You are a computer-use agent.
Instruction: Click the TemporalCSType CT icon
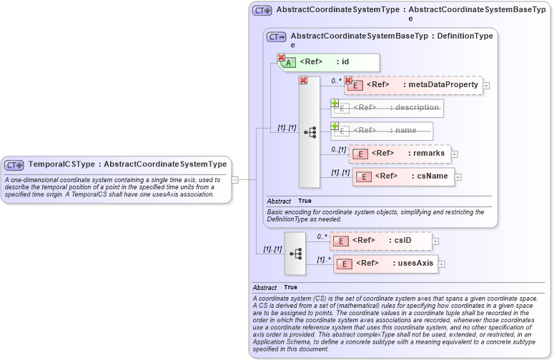(15, 164)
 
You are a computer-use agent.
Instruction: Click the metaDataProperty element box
(413, 85)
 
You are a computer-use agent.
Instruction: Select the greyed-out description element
(387, 108)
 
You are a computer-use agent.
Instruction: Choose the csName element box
(403, 176)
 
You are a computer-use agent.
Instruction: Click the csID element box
(382, 241)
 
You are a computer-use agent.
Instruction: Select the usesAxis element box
(385, 264)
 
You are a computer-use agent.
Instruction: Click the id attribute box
(329, 62)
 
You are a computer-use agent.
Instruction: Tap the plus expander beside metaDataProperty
(487, 86)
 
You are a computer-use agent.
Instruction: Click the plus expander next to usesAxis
(441, 264)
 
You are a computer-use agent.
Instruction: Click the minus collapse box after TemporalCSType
(234, 179)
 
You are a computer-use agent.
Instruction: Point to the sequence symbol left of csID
(295, 254)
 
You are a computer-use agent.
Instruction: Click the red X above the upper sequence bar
(303, 80)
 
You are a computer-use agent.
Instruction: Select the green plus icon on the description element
(335, 103)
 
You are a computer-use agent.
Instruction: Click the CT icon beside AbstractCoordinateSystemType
(262, 11)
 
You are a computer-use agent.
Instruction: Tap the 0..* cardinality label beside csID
(322, 236)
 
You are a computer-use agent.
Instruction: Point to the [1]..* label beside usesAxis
(324, 259)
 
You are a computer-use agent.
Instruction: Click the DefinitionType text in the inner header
(465, 35)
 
